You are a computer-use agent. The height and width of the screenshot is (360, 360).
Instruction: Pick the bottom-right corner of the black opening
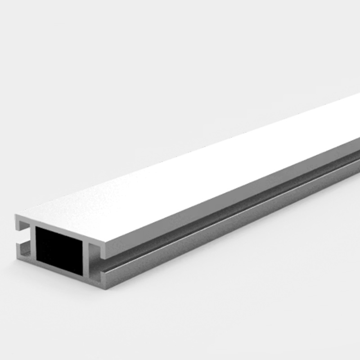[x=83, y=275]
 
